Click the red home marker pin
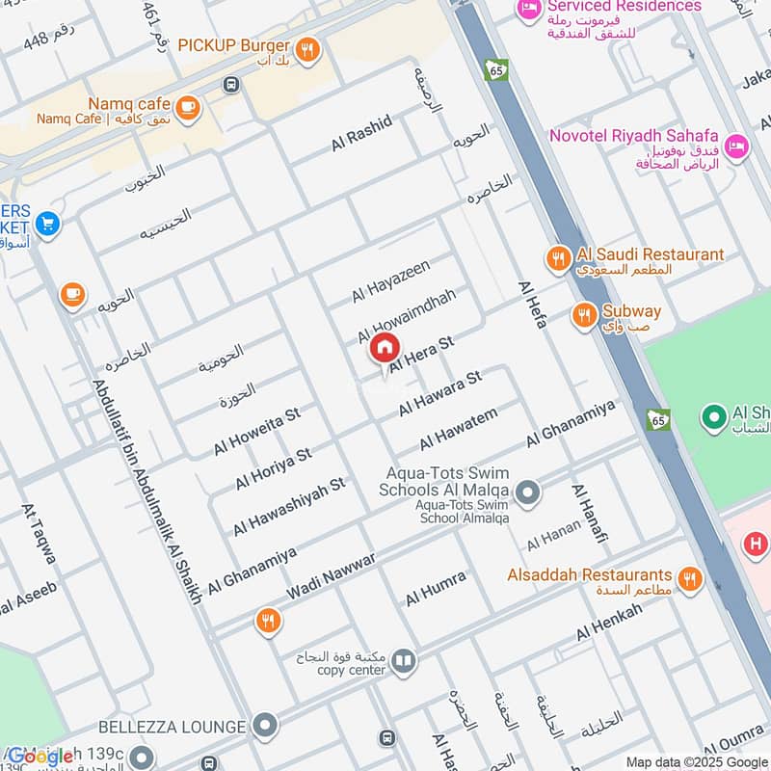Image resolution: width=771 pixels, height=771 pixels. [x=384, y=348]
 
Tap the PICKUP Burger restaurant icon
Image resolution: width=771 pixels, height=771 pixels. [x=307, y=49]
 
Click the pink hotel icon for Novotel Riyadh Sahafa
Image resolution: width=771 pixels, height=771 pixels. [x=736, y=146]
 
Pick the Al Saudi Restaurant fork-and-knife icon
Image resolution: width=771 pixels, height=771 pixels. [x=557, y=257]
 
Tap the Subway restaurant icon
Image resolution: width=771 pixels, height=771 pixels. [x=583, y=314]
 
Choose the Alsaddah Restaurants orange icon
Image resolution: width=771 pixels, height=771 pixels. [x=688, y=579]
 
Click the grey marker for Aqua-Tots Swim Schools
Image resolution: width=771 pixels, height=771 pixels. [x=527, y=494]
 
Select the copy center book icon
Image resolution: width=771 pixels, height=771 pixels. [x=404, y=661]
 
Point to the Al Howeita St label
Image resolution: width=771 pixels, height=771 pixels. [x=257, y=431]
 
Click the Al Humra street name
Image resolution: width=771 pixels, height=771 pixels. [x=436, y=588]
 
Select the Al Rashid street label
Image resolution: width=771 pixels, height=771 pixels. [x=361, y=132]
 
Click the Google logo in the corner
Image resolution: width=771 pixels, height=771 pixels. [x=40, y=757]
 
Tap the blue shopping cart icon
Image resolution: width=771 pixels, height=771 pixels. [x=47, y=225]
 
